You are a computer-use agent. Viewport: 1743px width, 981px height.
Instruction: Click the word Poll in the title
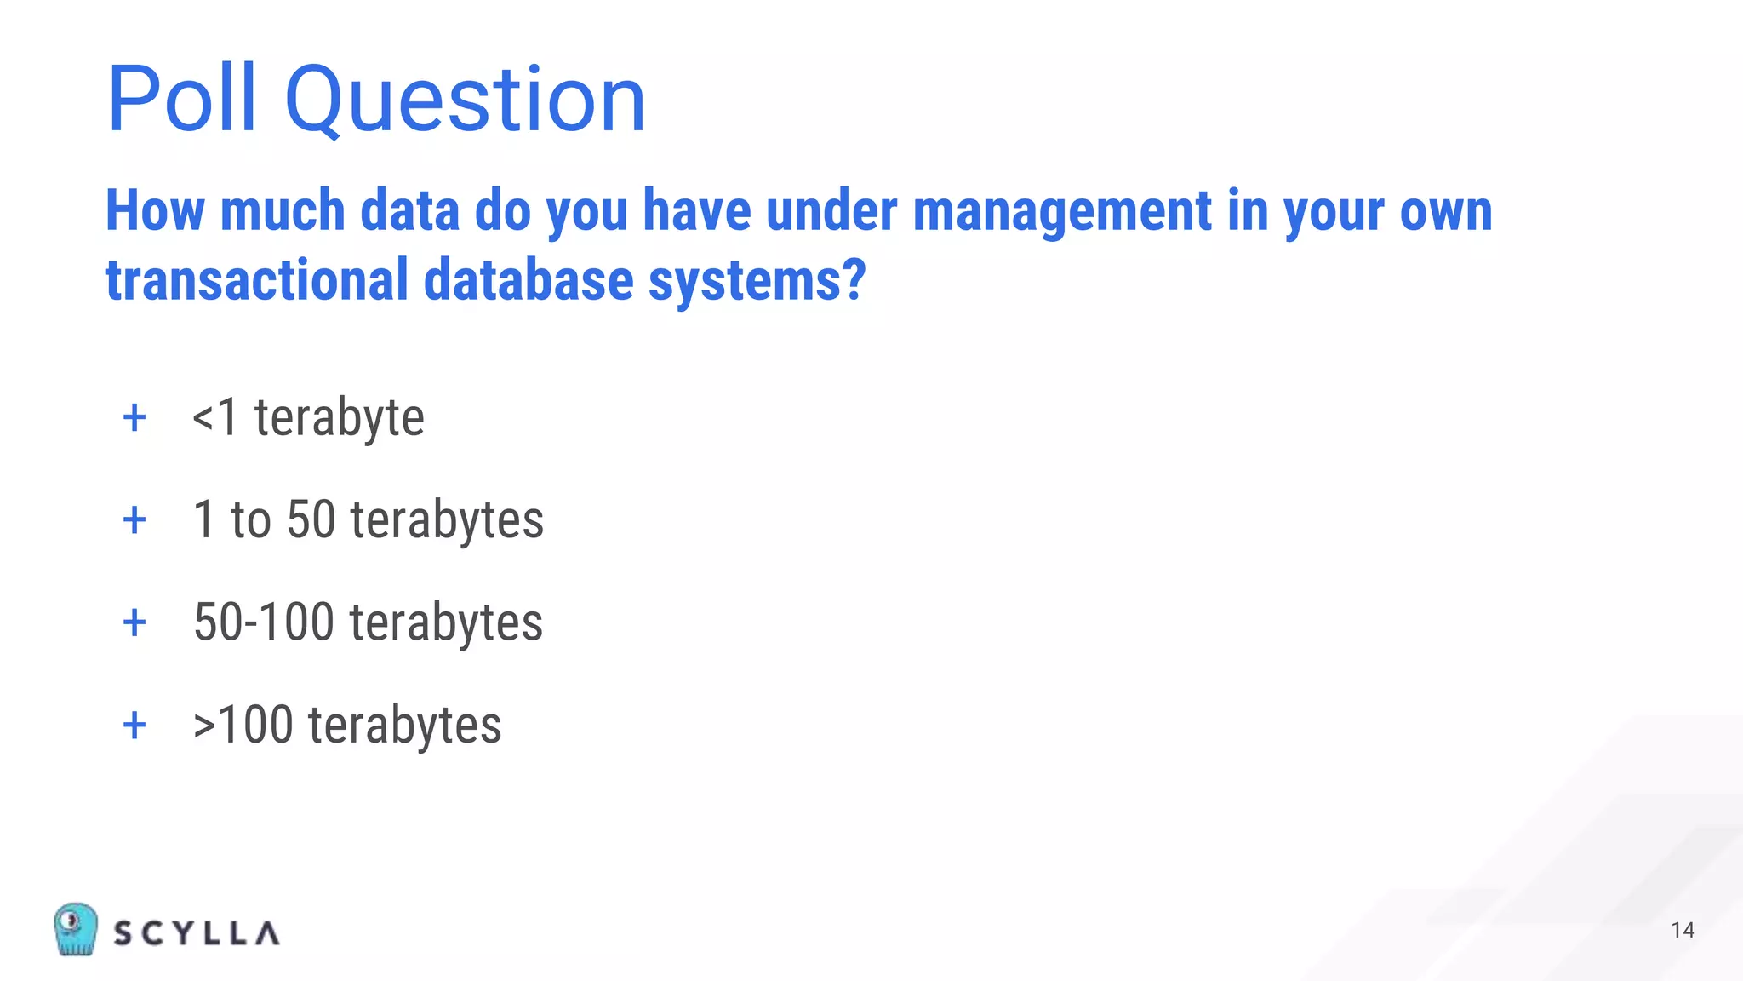181,100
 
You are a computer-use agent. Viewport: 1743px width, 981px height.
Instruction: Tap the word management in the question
1062,211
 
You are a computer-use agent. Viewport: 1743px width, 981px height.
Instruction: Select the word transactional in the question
257,281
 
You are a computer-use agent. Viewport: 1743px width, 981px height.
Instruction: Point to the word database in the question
529,281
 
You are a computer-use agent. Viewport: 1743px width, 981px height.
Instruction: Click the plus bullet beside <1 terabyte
134,418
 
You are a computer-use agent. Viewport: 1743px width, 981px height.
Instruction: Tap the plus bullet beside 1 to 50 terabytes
134,520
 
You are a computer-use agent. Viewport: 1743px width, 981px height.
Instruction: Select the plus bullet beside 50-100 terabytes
134,622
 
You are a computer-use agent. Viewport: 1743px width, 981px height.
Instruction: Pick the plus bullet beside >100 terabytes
134,726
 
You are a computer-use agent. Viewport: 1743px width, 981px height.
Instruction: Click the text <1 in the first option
214,418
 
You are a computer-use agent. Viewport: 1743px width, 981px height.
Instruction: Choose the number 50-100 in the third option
264,622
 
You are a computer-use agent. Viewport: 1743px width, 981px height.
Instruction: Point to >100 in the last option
243,726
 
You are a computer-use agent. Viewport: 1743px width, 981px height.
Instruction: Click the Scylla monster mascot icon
75,929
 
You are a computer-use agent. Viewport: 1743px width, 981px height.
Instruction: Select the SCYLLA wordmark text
197,933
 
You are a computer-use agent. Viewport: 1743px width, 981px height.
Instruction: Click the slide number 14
1683,930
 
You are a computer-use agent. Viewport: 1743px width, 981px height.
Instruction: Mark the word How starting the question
155,211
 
